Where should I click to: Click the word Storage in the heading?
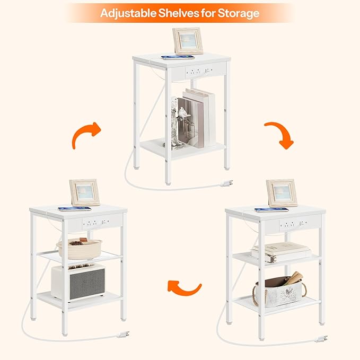point(236,13)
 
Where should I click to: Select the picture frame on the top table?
point(188,40)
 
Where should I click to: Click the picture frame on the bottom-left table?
point(84,192)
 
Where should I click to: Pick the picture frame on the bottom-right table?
point(282,192)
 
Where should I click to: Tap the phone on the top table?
point(178,57)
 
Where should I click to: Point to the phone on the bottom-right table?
point(271,209)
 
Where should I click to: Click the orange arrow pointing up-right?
point(86,135)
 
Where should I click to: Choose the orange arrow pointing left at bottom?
point(184,288)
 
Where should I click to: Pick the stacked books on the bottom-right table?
point(280,251)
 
